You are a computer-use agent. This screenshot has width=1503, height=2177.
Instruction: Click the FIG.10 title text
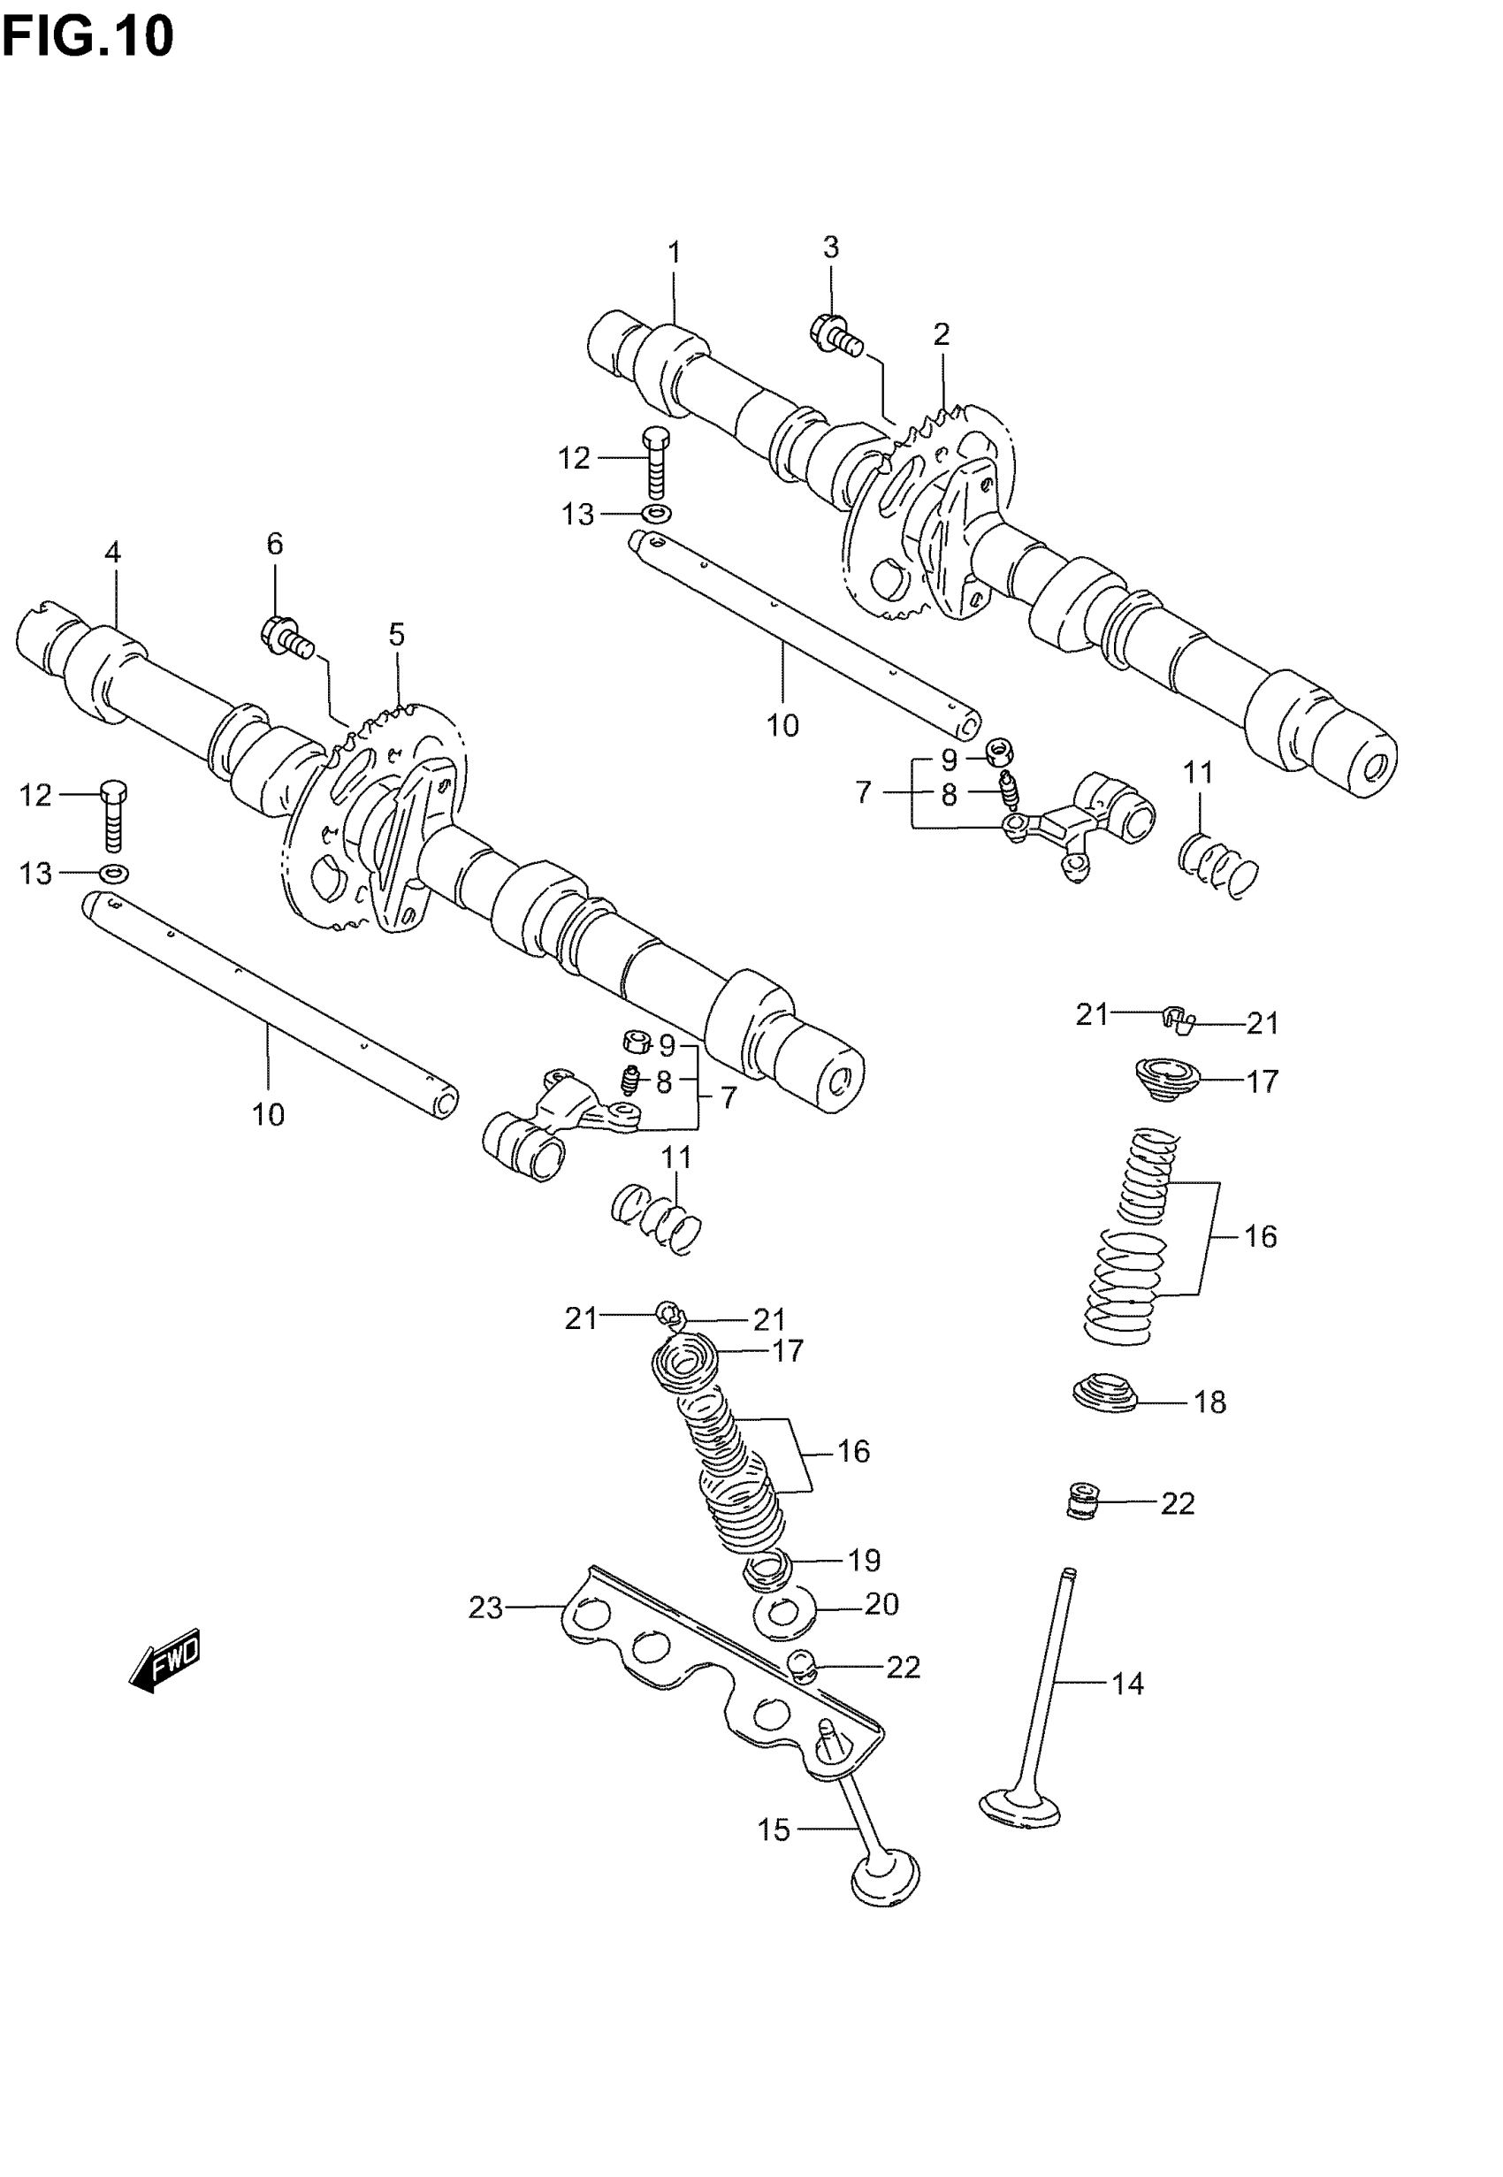[x=88, y=38]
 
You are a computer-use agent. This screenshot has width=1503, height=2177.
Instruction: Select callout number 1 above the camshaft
[x=675, y=252]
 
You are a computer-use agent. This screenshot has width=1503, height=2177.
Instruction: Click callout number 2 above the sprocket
[x=941, y=334]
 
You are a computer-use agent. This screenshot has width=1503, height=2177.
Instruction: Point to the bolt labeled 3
[x=835, y=333]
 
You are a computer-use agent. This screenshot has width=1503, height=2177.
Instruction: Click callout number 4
[x=112, y=553]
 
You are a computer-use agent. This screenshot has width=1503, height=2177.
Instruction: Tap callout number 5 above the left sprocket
[x=396, y=635]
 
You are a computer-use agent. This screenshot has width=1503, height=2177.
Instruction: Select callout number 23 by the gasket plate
[x=486, y=1608]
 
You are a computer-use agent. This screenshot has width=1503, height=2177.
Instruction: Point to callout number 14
[x=1127, y=1683]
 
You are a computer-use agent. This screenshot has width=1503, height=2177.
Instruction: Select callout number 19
[x=864, y=1561]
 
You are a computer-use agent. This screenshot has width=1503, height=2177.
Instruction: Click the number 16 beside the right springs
[x=1260, y=1236]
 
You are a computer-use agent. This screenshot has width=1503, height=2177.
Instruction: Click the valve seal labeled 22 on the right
[x=1082, y=1500]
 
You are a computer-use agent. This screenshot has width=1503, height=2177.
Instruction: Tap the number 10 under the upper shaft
[x=782, y=725]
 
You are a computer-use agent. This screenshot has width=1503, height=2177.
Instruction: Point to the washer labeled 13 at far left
[x=114, y=873]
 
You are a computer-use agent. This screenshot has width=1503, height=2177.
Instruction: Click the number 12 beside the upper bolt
[x=574, y=459]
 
